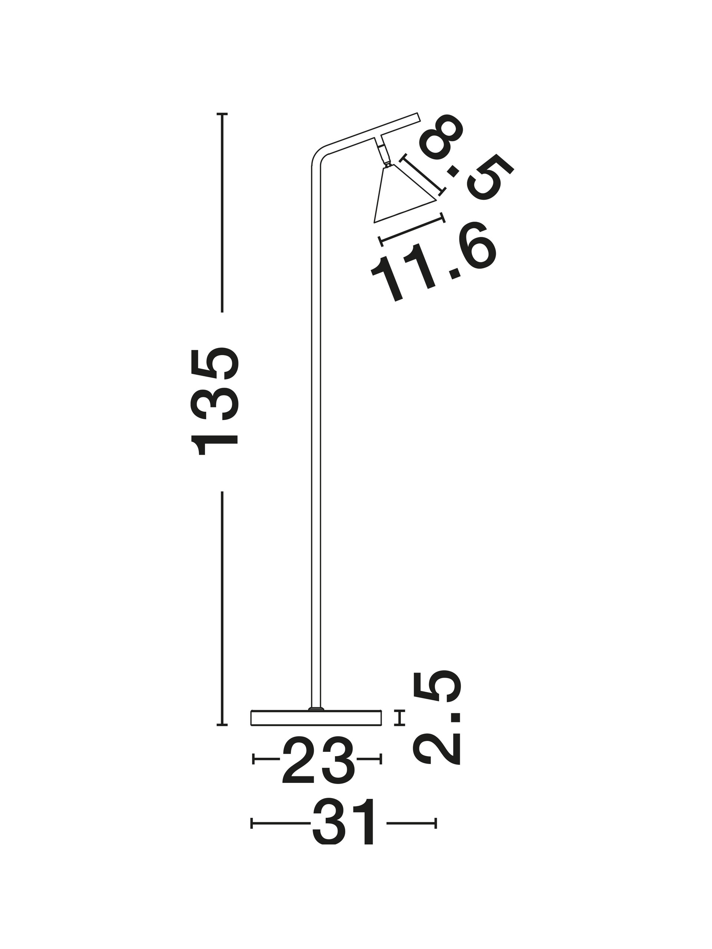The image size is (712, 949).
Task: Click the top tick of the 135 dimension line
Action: [x=222, y=114]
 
